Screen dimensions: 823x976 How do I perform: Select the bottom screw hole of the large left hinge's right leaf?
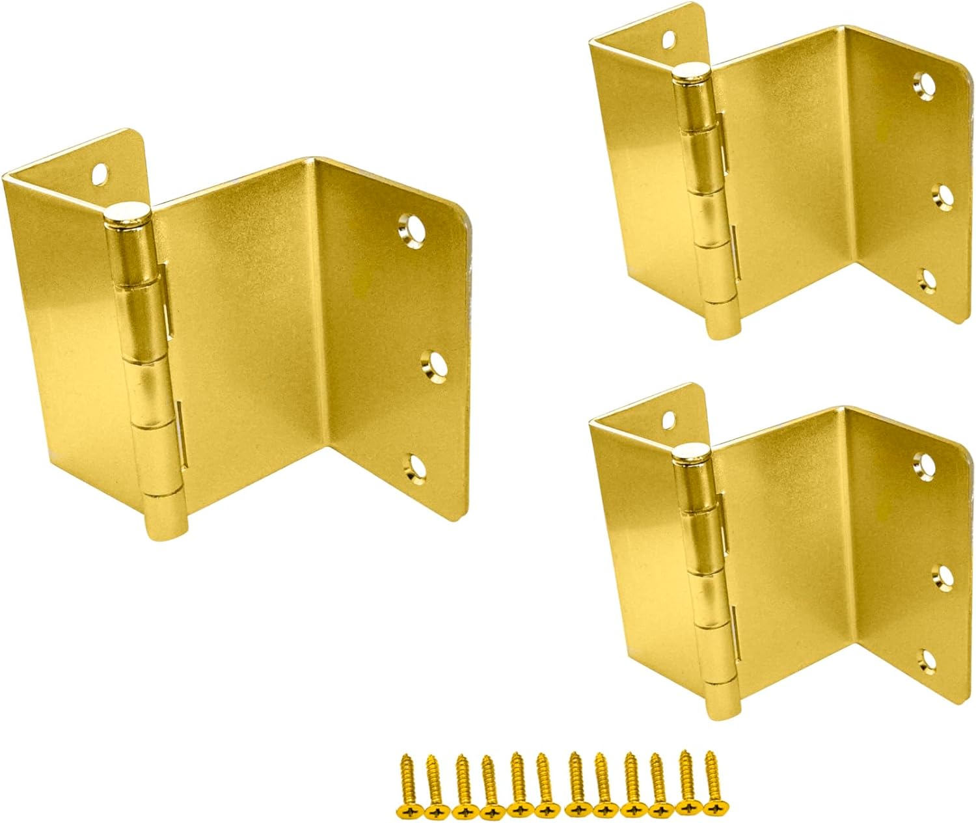tap(413, 464)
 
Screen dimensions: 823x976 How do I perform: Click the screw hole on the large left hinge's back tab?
tap(100, 173)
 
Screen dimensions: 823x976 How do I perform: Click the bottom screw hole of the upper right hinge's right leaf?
tap(925, 279)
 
